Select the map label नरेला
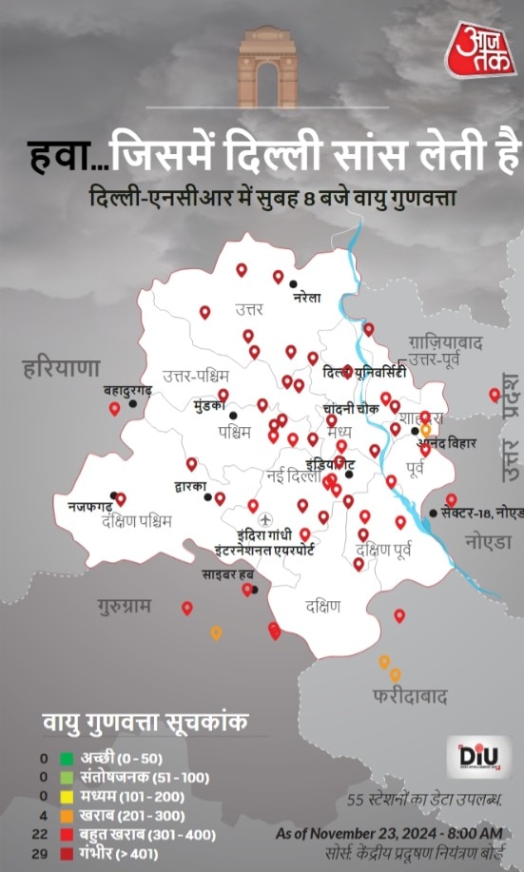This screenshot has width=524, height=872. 306,298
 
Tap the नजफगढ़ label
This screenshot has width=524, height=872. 88,508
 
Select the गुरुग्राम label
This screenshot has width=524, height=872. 124,606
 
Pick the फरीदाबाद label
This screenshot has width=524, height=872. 410,697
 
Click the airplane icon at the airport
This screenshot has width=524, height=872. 264,518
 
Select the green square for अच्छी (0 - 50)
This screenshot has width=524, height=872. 67,759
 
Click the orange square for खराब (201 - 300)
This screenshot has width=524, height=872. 67,816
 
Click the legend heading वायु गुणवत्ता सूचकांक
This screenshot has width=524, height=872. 145,724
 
